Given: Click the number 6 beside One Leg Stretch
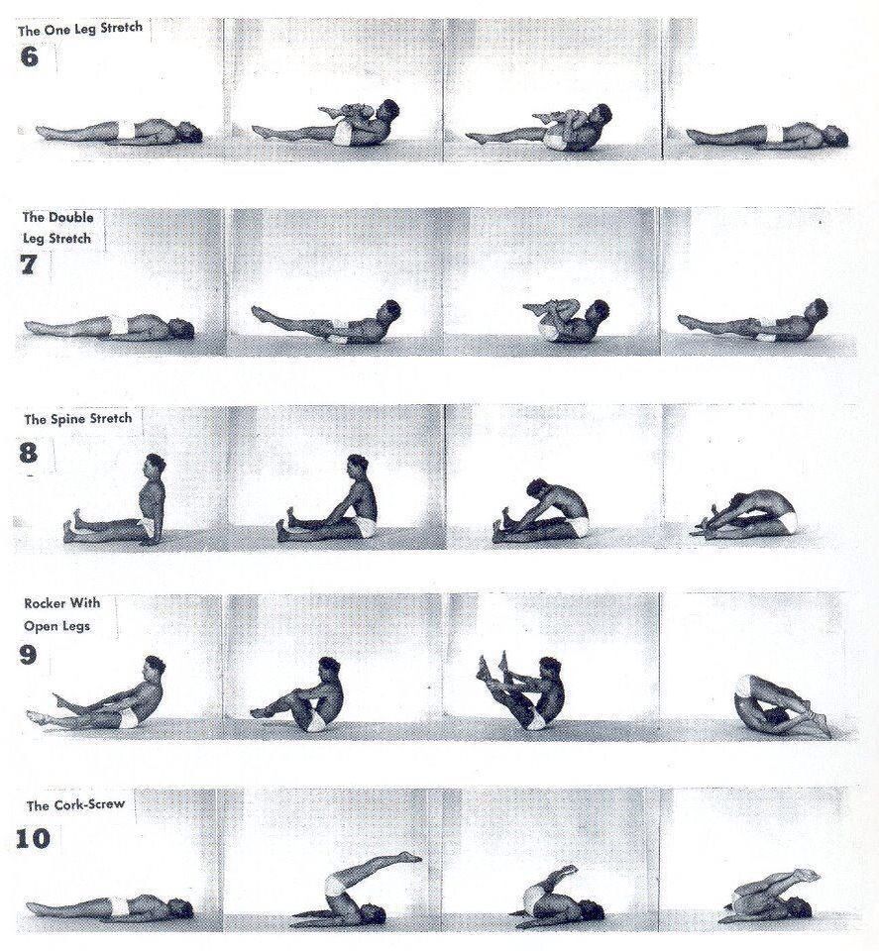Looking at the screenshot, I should [x=29, y=55].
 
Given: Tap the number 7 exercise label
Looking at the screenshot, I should [x=29, y=264].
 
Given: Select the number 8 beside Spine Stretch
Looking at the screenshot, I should [x=29, y=453].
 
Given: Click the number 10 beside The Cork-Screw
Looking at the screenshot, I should [x=32, y=839].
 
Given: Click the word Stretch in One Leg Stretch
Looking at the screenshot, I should [x=120, y=29].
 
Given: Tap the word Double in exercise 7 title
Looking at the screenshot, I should [x=72, y=217].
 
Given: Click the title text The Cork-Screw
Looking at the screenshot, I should [x=75, y=805].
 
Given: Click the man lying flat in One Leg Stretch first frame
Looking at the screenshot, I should [x=119, y=132].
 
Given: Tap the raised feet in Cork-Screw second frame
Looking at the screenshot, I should [x=409, y=857].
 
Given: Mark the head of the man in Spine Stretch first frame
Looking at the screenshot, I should [x=154, y=466].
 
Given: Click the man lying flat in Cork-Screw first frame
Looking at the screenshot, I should [x=109, y=907].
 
